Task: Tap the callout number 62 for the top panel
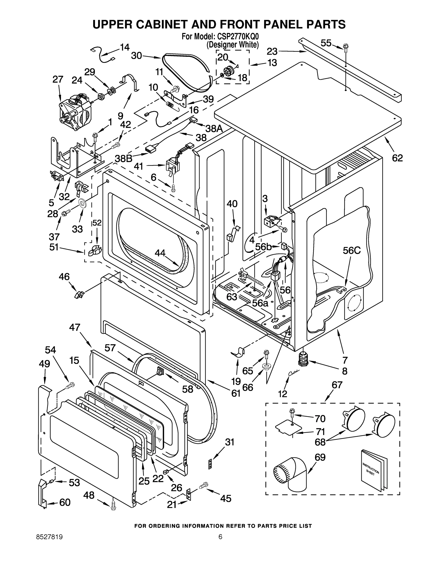pyautogui.click(x=397, y=158)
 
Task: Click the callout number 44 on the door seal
pyautogui.click(x=160, y=252)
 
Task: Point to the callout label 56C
pyautogui.click(x=351, y=250)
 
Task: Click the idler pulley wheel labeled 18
pyautogui.click(x=229, y=71)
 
